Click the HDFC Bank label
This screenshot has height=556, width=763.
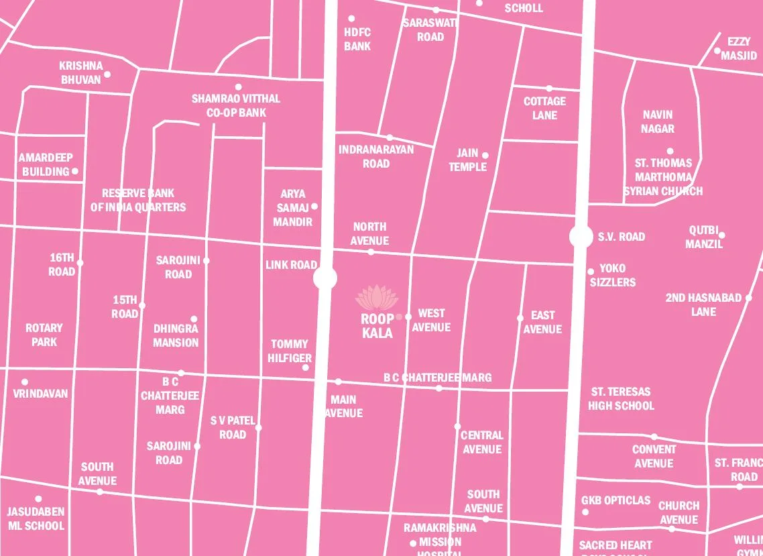coord(357,39)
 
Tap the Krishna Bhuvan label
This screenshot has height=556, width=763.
coord(81,72)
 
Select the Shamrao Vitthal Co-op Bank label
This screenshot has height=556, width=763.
coord(236,105)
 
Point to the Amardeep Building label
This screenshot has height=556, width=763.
coord(46,164)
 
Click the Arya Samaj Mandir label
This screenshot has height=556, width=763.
coord(293,207)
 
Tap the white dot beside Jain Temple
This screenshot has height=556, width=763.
coord(485,156)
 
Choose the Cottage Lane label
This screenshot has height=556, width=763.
coord(544,108)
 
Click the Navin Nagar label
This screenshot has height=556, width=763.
coord(657,121)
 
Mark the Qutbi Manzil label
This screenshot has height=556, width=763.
coord(704,237)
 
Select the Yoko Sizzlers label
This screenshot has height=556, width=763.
coord(613,275)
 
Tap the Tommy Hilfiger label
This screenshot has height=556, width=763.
coord(290,351)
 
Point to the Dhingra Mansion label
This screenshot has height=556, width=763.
coord(176,335)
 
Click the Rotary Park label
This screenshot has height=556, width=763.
coord(44,335)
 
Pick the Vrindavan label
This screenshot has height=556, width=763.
coord(40,394)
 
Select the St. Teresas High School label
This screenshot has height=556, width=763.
coord(621,398)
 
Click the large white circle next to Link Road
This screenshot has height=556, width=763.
coord(325,278)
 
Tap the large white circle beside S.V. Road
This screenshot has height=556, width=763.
coord(581,237)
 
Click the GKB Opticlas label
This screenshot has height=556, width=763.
coord(615,500)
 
